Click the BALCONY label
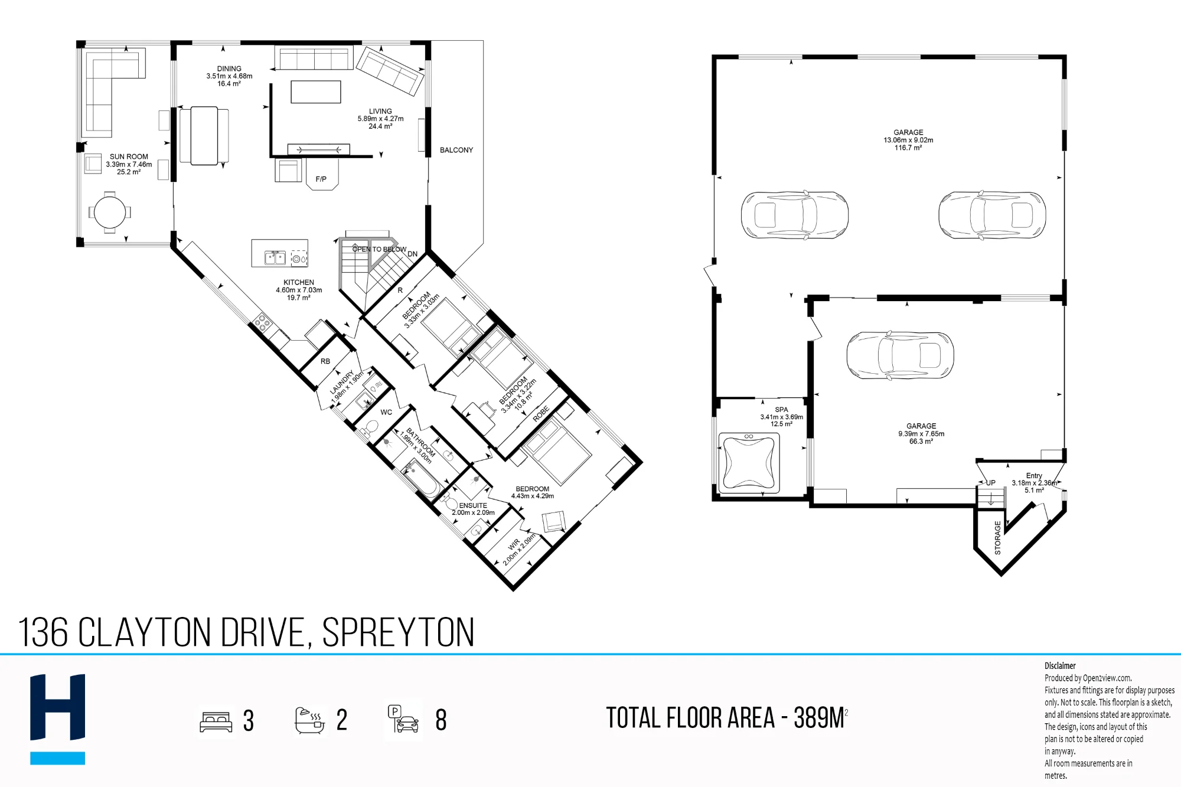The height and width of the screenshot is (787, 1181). click(456, 150)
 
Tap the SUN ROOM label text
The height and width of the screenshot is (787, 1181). click(129, 157)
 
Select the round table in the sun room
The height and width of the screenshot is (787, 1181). click(110, 212)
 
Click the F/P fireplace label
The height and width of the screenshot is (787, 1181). click(321, 179)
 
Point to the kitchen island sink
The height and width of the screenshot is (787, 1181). click(275, 258)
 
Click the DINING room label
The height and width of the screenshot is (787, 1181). click(229, 68)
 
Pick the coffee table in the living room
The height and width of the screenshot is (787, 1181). click(316, 92)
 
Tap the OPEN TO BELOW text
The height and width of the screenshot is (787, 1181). click(379, 249)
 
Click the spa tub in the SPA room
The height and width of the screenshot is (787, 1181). click(749, 463)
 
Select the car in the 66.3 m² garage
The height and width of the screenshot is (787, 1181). click(900, 355)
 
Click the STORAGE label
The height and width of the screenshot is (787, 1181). click(998, 537)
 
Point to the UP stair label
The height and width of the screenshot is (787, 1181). click(990, 483)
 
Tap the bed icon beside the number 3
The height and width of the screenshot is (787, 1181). click(216, 721)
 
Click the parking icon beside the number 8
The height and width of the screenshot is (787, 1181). click(403, 719)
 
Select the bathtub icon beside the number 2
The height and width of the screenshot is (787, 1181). click(310, 720)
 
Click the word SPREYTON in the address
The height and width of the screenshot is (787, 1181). click(398, 632)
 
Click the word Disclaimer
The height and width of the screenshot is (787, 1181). click(1060, 666)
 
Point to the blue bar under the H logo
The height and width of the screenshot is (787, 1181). click(58, 758)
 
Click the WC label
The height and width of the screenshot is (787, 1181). click(386, 412)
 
